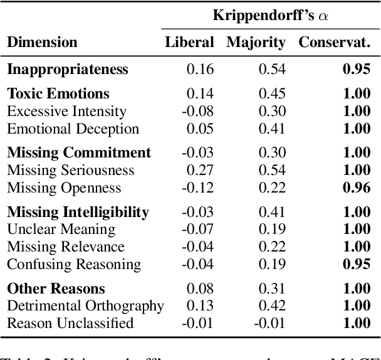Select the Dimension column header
coord(42,43)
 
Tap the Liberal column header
coord(189,43)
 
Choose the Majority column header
coord(256,43)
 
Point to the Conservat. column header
coord(335,43)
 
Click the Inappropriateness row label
coord(68,69)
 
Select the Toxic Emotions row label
coord(58,94)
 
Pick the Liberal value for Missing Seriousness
coord(200,171)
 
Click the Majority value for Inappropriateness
coord(273,69)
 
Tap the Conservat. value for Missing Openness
coord(357,188)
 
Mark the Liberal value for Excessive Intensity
coord(197,112)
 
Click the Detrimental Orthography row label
coord(85,306)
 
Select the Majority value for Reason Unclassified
coord(269,324)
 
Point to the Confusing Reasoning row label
coord(74,265)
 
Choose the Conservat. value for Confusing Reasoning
coord(357,265)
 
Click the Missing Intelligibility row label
coord(78,212)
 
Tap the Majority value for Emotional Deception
coord(273,129)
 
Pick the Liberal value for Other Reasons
coord(200,289)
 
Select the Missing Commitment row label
coord(79,153)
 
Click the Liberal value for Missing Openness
coord(197,188)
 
